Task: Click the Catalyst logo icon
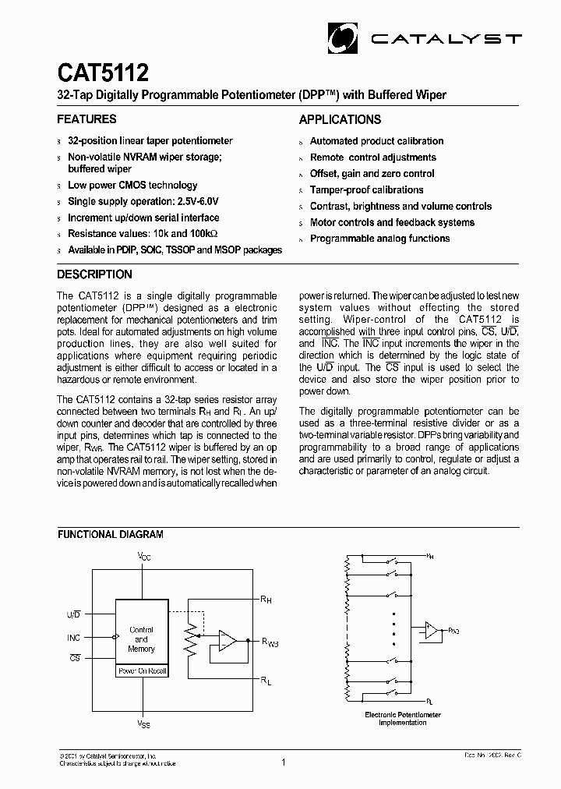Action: [341, 36]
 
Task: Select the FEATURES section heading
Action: [86, 119]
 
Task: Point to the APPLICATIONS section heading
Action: [340, 119]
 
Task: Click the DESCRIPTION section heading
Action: [94, 274]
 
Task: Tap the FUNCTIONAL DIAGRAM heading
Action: [110, 535]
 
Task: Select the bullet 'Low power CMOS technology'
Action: [132, 186]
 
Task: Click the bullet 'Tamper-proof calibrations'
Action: [366, 189]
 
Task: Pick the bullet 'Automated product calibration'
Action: [376, 141]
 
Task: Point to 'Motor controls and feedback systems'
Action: [392, 222]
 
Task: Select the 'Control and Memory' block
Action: [141, 639]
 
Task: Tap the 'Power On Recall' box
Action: [141, 670]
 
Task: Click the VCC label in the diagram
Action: [144, 557]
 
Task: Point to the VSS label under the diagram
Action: [144, 724]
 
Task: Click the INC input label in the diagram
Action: [73, 638]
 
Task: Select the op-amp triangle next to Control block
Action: [226, 641]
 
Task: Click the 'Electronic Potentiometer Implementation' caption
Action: [403, 718]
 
